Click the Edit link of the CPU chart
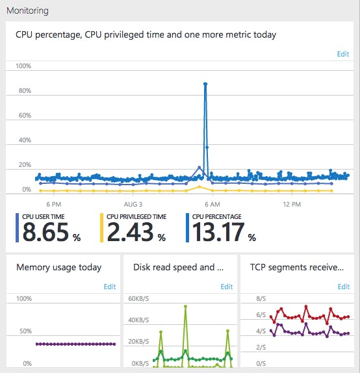(x=343, y=54)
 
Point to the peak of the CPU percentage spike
(x=205, y=84)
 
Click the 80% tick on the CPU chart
(x=23, y=91)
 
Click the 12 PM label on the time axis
(x=292, y=204)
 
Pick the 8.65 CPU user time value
(x=45, y=232)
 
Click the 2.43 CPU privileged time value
(x=129, y=232)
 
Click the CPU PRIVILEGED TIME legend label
(x=136, y=216)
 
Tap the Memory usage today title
(x=58, y=267)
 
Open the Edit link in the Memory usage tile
(x=110, y=287)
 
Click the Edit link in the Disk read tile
(x=226, y=287)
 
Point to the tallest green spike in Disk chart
(x=185, y=306)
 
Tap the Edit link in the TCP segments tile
(x=343, y=287)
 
